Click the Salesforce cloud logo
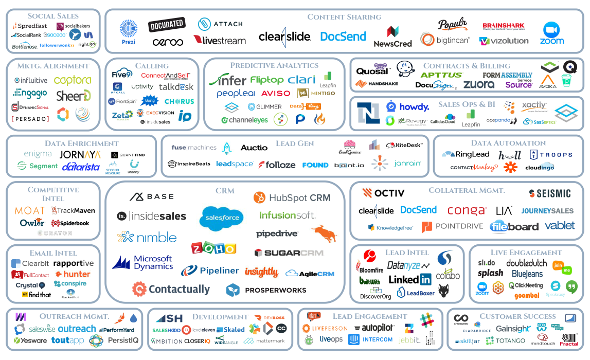[222, 217]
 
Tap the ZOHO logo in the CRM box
[213, 248]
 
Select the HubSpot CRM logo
[292, 197]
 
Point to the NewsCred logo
[392, 38]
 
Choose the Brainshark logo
[503, 26]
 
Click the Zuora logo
[478, 84]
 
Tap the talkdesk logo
[176, 87]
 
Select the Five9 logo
[122, 75]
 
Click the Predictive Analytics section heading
[274, 65]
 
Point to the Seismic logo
[550, 193]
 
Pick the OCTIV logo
[383, 193]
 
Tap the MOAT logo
[29, 210]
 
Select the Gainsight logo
[512, 329]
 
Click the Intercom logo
[370, 339]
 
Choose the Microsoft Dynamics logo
[143, 262]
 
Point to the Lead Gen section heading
[295, 143]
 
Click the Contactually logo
[171, 290]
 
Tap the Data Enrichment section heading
[81, 143]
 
